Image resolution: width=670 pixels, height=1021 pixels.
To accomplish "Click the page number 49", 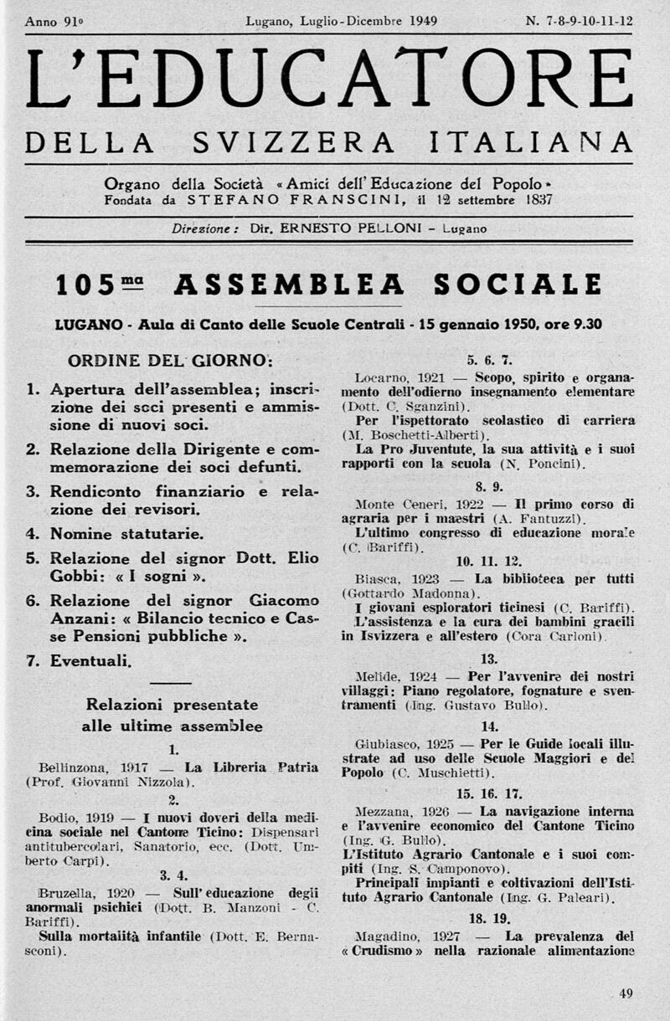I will (x=626, y=993).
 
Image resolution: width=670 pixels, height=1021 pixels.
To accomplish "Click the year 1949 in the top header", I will (x=417, y=21).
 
